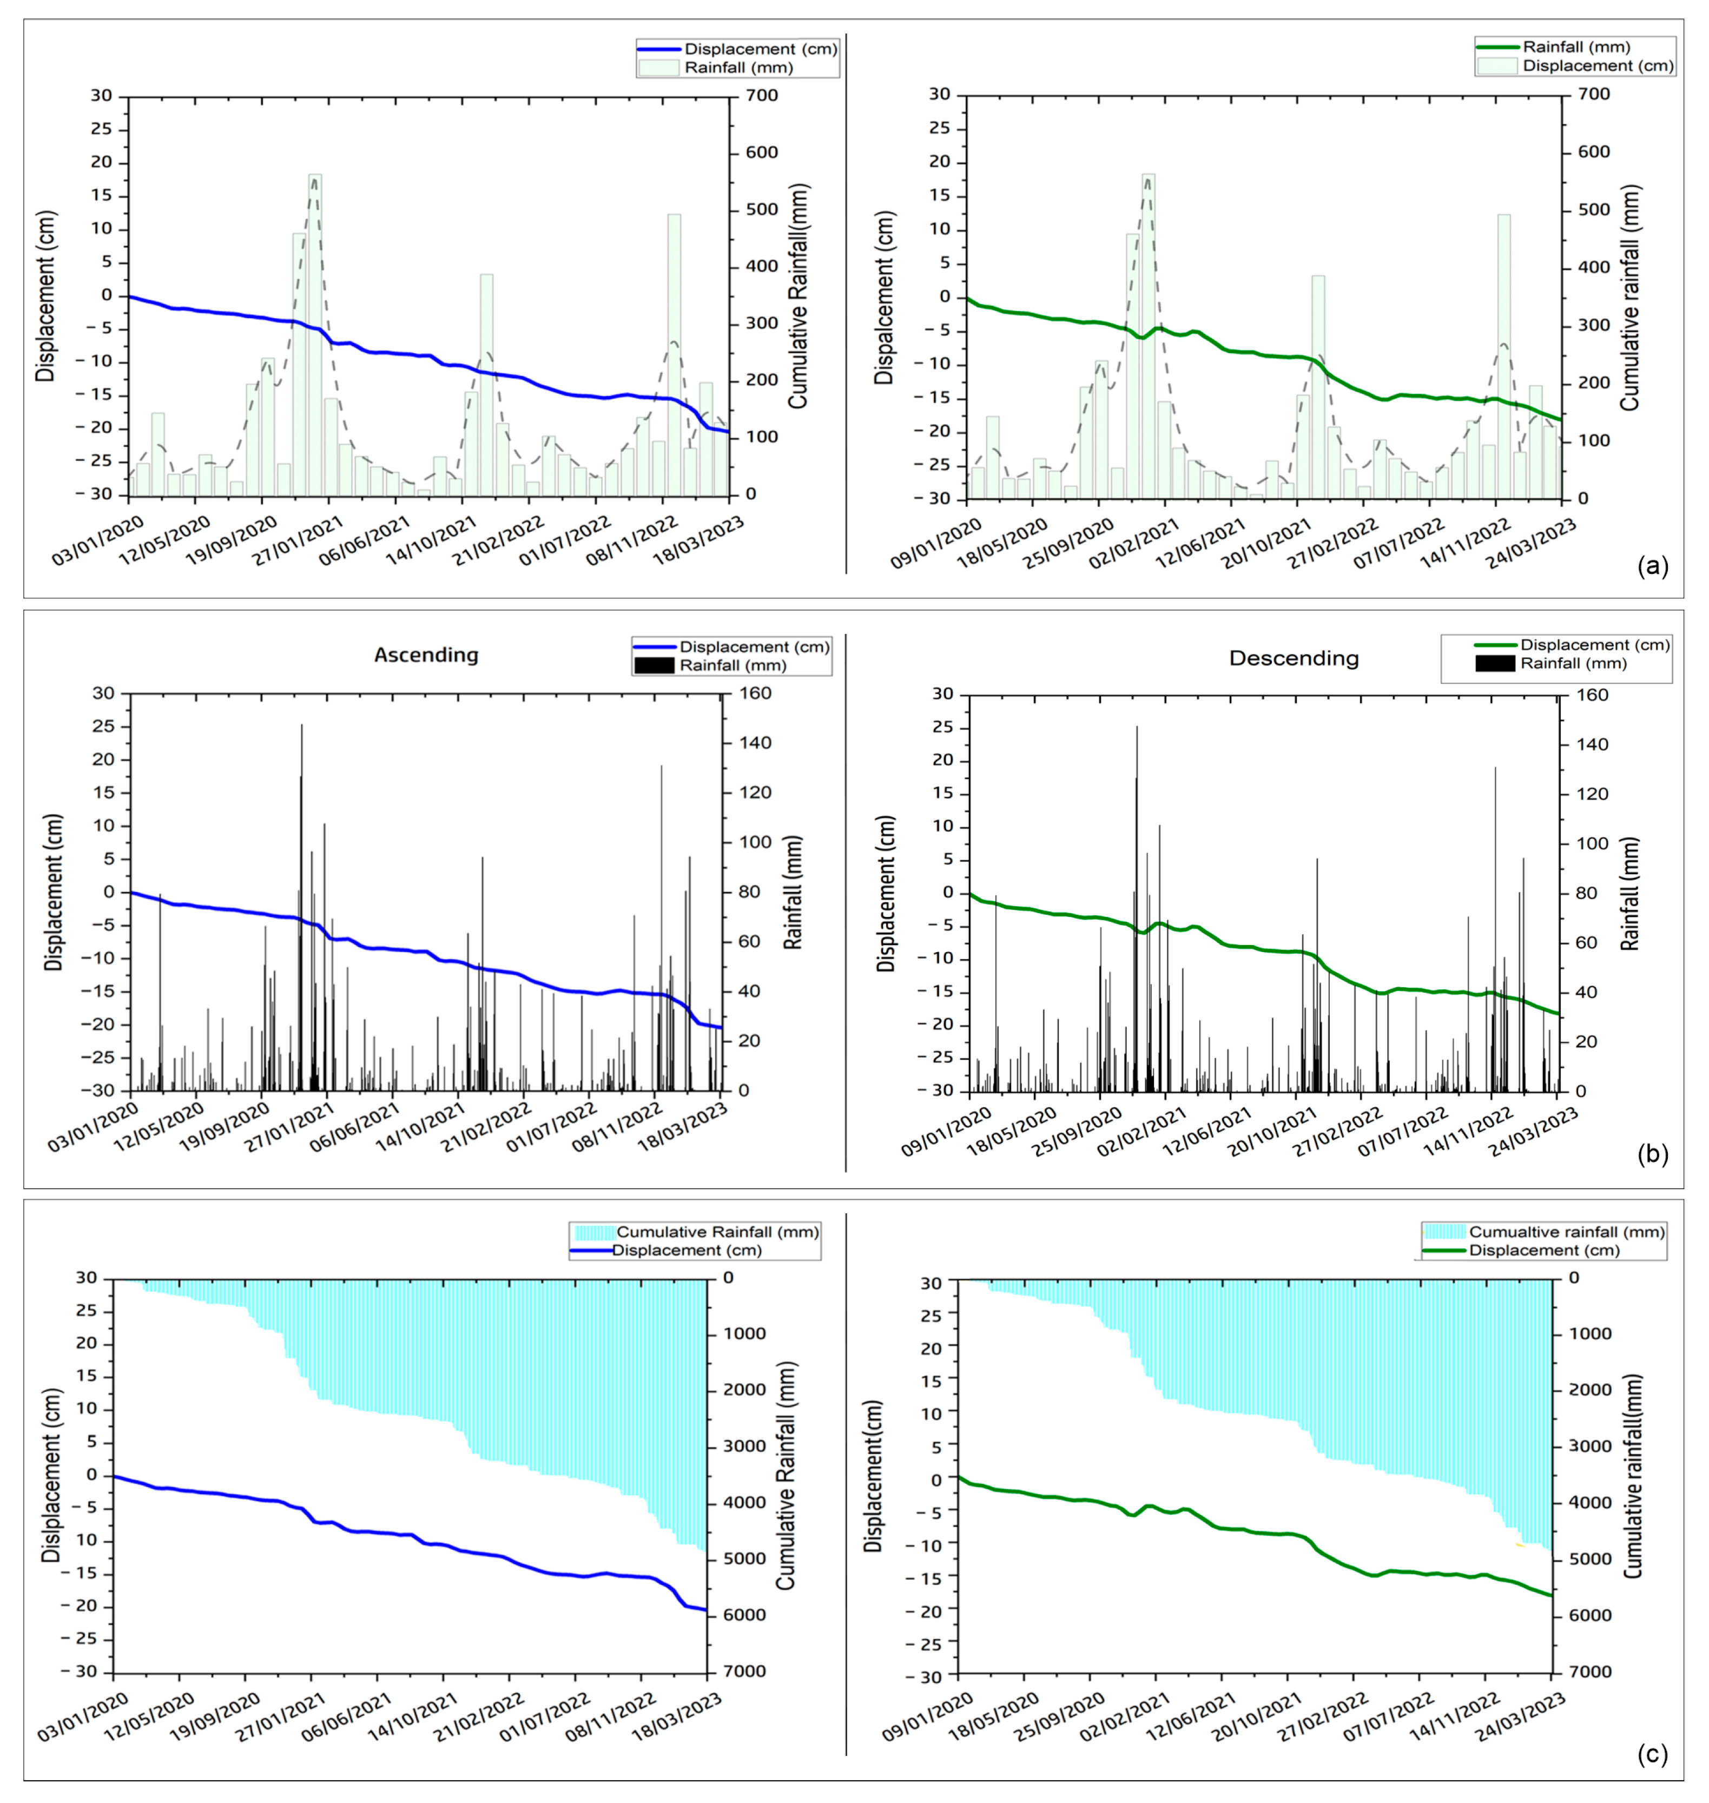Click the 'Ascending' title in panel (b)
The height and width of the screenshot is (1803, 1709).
coord(426,655)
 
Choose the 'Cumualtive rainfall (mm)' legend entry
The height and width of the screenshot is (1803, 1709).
coord(1567,1232)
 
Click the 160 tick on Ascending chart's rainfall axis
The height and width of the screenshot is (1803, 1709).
coord(754,694)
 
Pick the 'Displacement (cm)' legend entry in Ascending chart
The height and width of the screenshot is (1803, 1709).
coord(754,647)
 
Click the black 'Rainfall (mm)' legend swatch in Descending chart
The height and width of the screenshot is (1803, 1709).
coord(1494,663)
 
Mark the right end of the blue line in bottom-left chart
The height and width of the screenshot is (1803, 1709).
coord(706,1610)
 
